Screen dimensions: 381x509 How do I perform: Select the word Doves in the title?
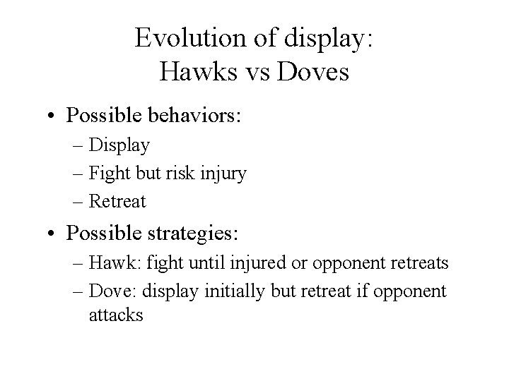point(315,72)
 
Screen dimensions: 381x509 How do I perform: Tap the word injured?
point(244,264)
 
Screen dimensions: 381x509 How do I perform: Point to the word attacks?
point(117,315)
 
